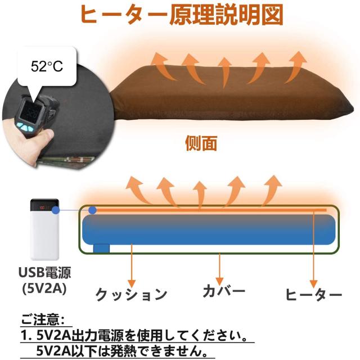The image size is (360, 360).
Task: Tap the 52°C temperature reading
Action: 47,66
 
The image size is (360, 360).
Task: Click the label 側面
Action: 201,143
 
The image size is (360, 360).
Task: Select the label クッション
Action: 132,294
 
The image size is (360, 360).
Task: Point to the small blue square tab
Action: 102,247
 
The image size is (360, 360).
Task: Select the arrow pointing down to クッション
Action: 132,264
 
